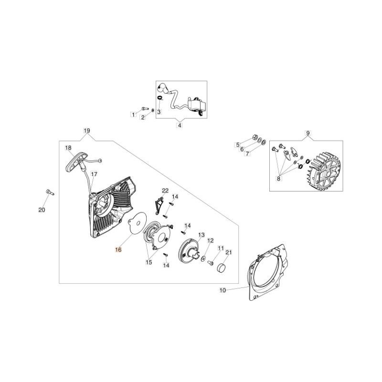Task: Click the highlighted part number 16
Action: pos(118,249)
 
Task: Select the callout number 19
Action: pos(86,131)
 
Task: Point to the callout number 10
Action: pos(223,290)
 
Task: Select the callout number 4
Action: pos(180,126)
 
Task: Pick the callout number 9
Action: pos(308,132)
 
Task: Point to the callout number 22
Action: pos(165,191)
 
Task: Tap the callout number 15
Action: pos(149,262)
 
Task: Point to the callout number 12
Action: pos(210,241)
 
